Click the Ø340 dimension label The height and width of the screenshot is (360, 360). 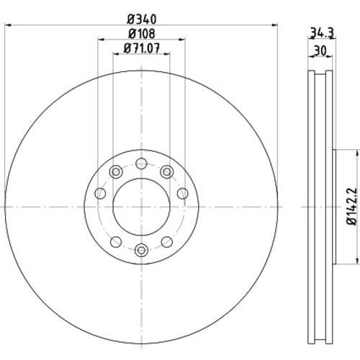[x=142, y=19]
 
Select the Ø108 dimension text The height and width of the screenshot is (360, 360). [x=142, y=34]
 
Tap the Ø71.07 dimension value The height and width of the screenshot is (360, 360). [x=142, y=48]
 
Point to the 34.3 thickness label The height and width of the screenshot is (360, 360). [x=322, y=33]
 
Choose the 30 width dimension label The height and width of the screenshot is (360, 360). [x=320, y=50]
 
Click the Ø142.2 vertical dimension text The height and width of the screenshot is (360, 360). [x=352, y=207]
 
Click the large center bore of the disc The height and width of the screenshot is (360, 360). [x=141, y=207]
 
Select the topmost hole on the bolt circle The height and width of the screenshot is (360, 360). [x=141, y=163]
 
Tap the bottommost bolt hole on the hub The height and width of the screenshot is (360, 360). [x=141, y=250]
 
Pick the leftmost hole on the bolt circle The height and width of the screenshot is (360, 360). [x=100, y=194]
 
